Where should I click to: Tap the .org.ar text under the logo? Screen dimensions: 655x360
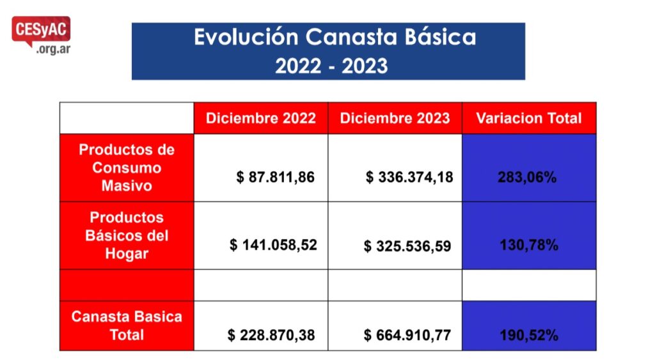(53, 49)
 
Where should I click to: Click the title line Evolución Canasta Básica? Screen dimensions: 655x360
(335, 37)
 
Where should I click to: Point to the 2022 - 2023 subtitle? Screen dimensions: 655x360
(331, 66)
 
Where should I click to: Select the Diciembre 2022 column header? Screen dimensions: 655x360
(261, 118)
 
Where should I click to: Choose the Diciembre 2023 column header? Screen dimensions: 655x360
(395, 118)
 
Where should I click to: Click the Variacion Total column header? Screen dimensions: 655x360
(529, 118)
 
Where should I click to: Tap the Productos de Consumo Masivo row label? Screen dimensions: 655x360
(127, 168)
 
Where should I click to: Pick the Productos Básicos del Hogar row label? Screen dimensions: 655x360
(127, 235)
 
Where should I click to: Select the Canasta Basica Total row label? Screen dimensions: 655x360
(127, 325)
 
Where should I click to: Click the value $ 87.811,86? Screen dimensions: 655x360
(275, 177)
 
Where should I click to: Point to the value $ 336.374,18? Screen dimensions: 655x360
(409, 177)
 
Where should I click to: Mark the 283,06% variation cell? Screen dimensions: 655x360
(527, 178)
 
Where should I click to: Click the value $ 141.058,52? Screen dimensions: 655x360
(273, 245)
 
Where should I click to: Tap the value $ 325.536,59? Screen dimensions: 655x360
(407, 246)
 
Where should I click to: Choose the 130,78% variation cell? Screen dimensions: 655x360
(529, 245)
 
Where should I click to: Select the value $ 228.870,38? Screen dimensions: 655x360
(271, 335)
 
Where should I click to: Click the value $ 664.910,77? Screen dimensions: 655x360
(407, 335)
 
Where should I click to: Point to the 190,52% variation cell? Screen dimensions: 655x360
(529, 335)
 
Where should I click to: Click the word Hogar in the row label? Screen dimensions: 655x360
(127, 253)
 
